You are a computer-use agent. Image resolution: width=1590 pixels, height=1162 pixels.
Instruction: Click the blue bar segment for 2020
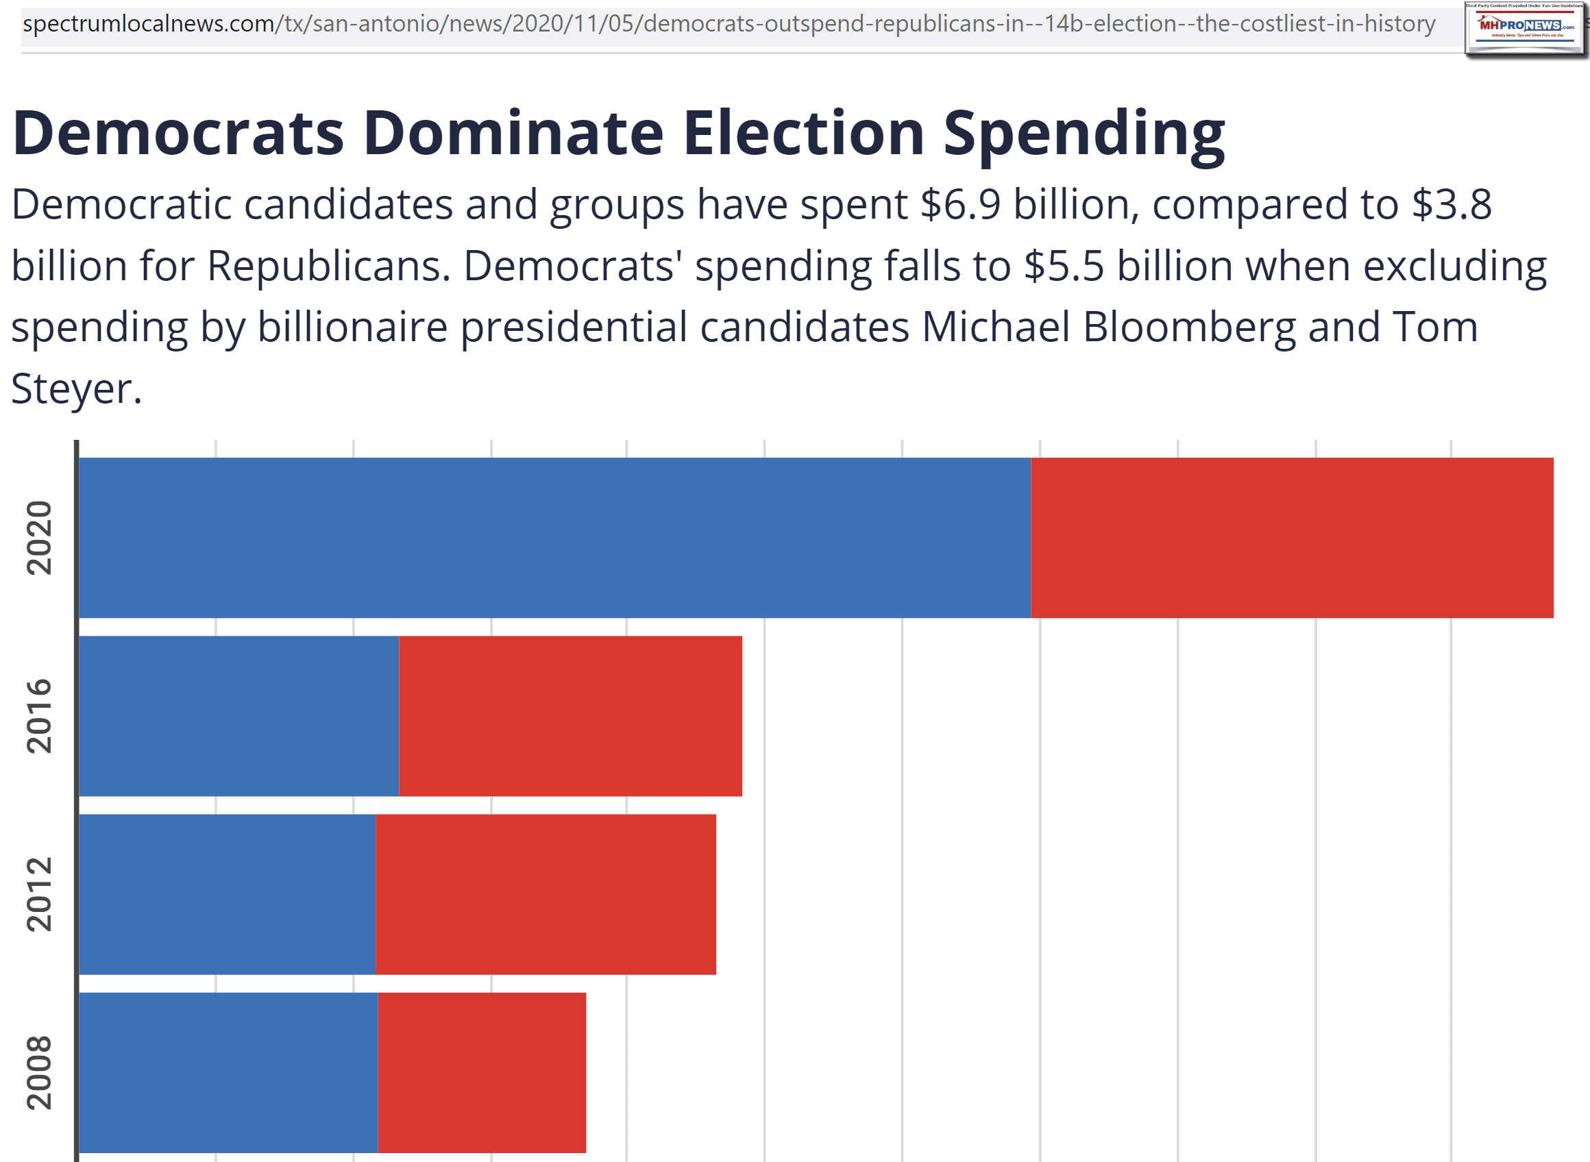(554, 538)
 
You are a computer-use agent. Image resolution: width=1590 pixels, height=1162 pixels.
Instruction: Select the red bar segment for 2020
(1292, 538)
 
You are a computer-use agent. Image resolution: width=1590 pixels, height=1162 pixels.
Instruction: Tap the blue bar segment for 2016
(238, 716)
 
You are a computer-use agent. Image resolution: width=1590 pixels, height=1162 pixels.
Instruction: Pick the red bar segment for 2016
(570, 716)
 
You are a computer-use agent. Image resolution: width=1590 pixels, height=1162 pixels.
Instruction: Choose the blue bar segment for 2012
(227, 894)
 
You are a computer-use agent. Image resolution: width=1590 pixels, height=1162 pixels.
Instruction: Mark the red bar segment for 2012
(546, 894)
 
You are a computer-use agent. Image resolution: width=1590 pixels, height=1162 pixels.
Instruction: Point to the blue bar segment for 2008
(228, 1072)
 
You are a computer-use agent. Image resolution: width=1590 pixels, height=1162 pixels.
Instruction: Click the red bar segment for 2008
(481, 1072)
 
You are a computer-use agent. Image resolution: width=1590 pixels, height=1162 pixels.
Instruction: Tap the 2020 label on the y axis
(39, 538)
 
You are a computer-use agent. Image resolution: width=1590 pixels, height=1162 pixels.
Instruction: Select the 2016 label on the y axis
(39, 716)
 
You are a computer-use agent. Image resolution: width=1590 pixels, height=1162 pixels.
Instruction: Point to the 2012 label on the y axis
(39, 894)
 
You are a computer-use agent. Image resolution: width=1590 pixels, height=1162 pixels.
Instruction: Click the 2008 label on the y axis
(39, 1072)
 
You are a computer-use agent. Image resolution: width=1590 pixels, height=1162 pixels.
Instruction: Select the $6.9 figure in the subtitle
(959, 205)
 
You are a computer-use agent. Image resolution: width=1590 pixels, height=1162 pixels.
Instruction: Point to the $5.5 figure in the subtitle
(1064, 267)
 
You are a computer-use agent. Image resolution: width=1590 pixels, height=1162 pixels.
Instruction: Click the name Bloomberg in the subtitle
(1189, 327)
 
